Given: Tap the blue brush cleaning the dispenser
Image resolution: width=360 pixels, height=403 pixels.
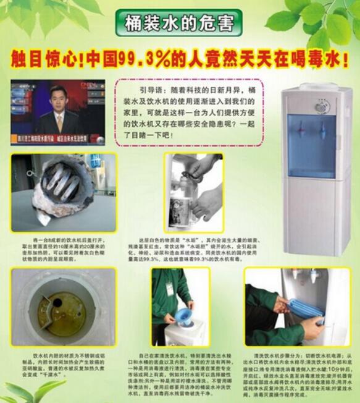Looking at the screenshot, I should pyautogui.click(x=306, y=307).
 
